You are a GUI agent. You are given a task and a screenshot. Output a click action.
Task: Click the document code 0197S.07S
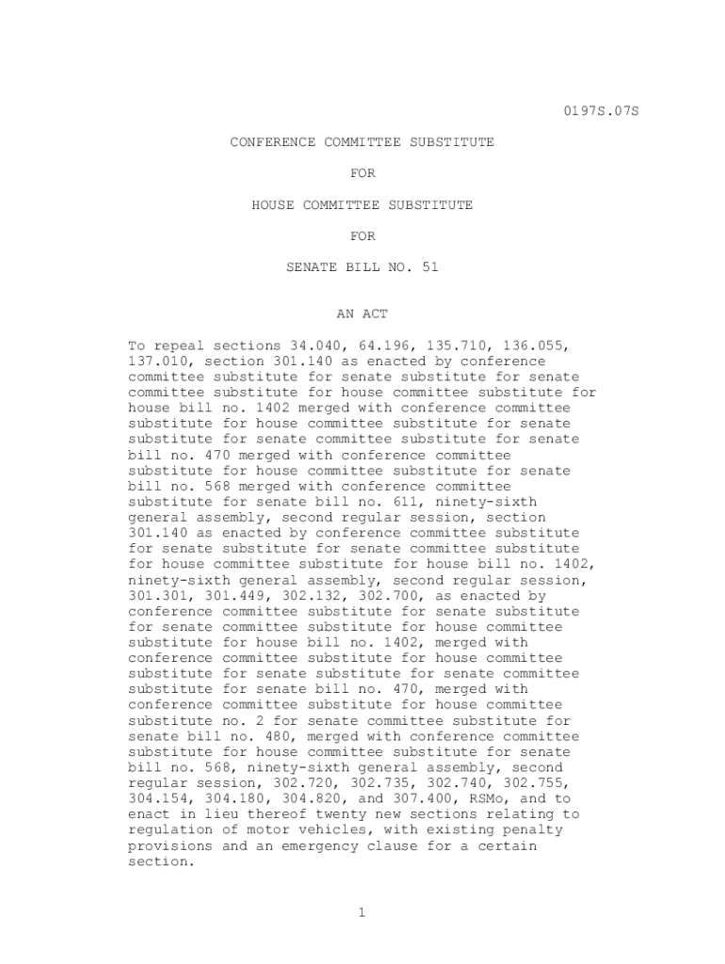click(601, 111)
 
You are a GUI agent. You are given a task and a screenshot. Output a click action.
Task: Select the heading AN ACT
click(362, 313)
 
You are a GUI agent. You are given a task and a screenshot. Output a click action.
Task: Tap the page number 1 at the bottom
click(362, 911)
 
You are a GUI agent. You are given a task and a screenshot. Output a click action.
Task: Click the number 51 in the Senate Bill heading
click(430, 267)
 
